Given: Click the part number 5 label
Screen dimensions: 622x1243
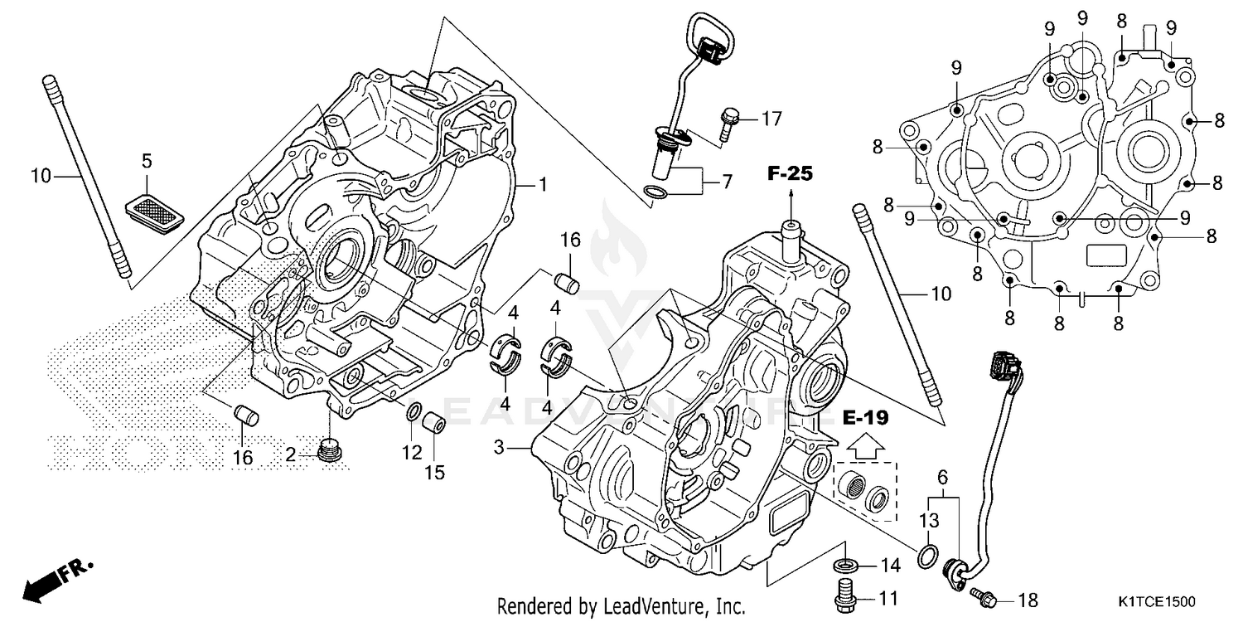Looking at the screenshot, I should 147,159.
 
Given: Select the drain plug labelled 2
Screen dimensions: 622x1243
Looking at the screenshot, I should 332,453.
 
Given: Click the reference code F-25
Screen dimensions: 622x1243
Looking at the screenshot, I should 790,174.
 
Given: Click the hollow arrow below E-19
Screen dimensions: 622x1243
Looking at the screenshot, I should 863,445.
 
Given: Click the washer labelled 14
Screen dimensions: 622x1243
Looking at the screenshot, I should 844,566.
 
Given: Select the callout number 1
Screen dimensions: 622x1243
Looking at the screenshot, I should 543,185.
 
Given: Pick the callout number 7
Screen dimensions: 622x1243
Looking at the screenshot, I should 727,180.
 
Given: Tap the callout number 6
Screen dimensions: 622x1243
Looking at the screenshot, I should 942,477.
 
